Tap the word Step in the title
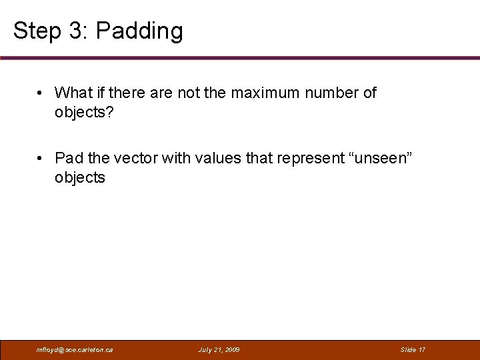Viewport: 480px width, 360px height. click(x=32, y=31)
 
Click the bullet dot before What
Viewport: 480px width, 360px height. click(x=41, y=93)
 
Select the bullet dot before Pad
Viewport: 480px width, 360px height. click(x=41, y=159)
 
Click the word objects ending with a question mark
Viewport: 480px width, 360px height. click(x=84, y=112)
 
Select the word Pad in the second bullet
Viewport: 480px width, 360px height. click(x=69, y=158)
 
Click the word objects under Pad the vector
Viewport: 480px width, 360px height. click(x=80, y=177)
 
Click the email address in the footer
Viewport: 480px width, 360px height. click(x=75, y=349)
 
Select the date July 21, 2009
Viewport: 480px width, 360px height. click(x=219, y=349)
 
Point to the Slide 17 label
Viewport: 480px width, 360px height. click(x=413, y=349)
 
